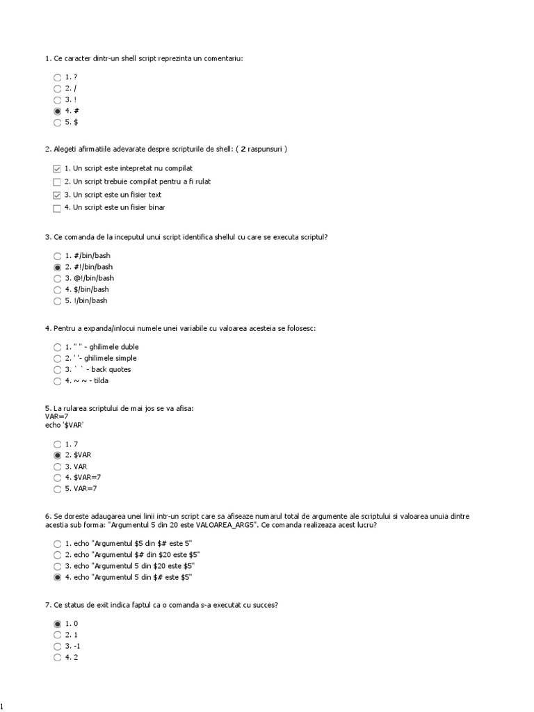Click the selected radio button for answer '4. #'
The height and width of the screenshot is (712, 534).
57,111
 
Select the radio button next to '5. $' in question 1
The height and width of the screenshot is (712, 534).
57,123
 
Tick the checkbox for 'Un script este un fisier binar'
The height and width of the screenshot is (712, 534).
57,208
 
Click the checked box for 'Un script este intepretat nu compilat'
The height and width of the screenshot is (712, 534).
57,169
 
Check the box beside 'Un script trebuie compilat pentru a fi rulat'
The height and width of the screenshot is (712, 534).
57,182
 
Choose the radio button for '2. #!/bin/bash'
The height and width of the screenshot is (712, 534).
57,267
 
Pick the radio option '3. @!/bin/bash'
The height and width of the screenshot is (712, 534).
57,279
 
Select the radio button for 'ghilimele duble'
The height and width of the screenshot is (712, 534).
57,347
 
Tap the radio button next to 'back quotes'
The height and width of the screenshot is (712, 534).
57,370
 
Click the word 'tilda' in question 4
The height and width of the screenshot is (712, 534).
100,381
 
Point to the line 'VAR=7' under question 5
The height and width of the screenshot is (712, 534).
57,416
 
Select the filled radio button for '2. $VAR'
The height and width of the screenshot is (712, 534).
57,455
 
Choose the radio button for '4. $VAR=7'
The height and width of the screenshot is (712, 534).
57,478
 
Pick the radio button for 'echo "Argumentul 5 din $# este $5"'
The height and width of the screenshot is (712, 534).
57,578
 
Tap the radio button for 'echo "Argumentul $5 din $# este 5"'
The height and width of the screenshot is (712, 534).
57,544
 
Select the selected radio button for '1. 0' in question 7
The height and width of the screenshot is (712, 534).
57,624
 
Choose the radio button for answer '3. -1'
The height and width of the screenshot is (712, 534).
57,647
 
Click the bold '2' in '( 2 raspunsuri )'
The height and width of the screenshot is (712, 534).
243,149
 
